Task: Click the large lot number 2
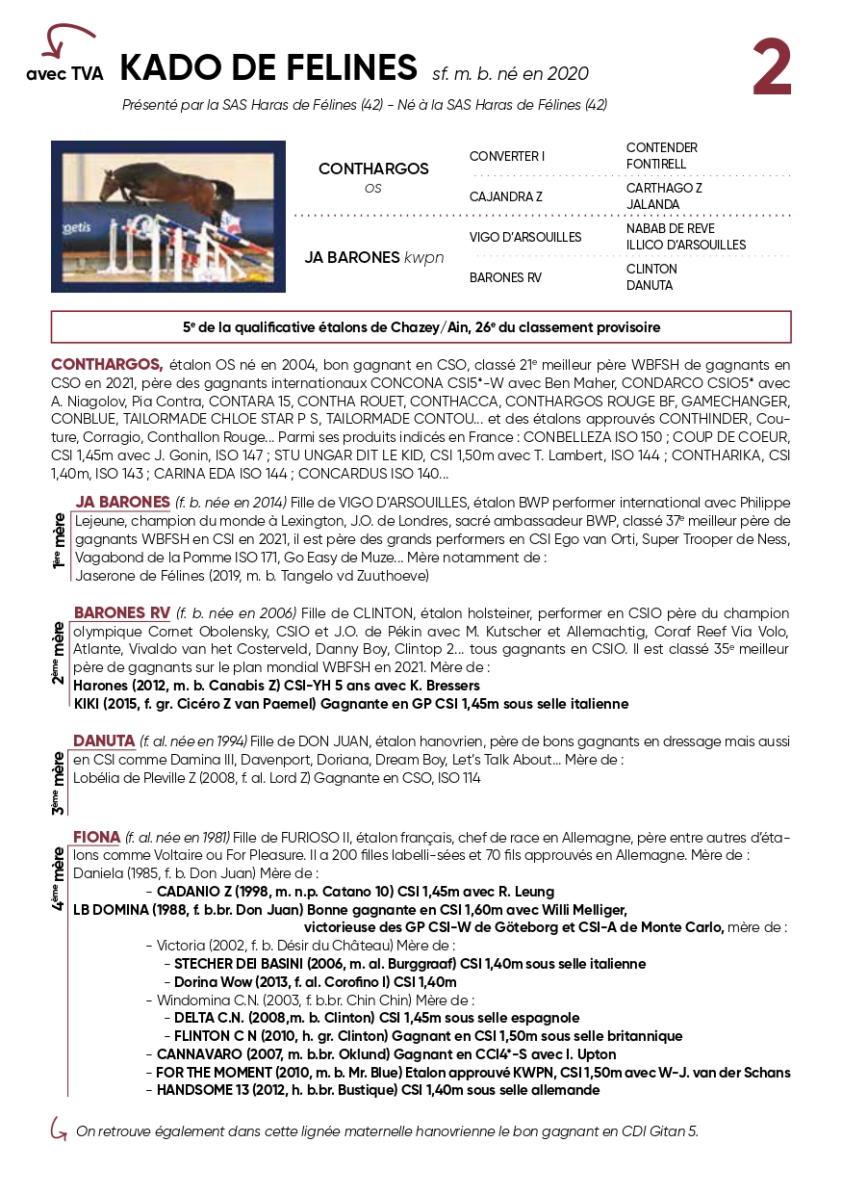coord(772,69)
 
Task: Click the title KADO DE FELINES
coord(268,68)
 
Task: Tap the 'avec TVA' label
coord(64,73)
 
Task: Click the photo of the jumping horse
coord(168,217)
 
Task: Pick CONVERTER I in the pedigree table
coord(507,156)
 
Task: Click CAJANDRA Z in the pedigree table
coord(505,196)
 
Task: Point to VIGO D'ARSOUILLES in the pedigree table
coord(525,237)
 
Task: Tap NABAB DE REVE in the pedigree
coord(671,228)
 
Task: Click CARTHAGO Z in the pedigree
coord(664,188)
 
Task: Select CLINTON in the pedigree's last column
coord(651,269)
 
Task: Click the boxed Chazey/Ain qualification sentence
coord(421,327)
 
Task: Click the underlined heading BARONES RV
coord(122,613)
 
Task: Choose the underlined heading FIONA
coord(97,837)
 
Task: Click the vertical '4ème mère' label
coord(60,877)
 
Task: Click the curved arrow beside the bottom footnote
coord(59,1129)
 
